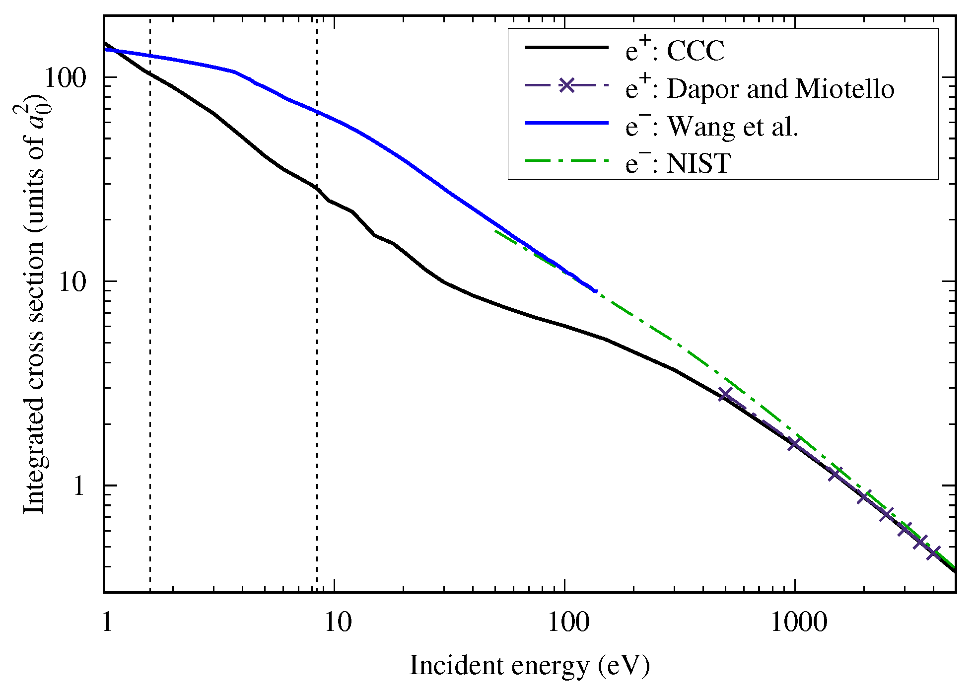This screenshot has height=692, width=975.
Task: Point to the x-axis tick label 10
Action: click(x=338, y=622)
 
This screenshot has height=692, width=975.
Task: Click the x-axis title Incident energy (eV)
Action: click(x=529, y=666)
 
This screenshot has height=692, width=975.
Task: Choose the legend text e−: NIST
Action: click(x=678, y=163)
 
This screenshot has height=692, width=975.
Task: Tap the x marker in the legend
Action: click(x=566, y=85)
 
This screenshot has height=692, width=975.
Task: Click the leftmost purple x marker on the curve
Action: click(x=726, y=395)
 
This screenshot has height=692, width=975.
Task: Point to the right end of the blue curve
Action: click(x=595, y=291)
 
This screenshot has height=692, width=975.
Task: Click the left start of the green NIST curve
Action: click(x=495, y=231)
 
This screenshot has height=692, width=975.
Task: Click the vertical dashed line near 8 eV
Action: click(x=317, y=347)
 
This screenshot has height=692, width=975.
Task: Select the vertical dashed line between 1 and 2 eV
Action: click(x=150, y=347)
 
